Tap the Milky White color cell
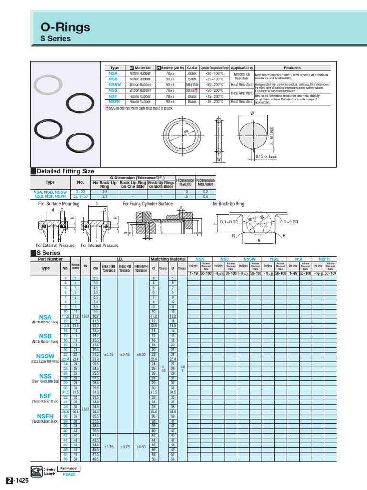click(x=192, y=85)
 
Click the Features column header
click(x=292, y=68)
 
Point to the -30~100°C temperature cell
click(x=215, y=74)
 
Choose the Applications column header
click(x=242, y=68)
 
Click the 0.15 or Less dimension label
click(x=265, y=156)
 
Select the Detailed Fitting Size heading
click(x=65, y=171)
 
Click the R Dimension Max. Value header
click(x=205, y=183)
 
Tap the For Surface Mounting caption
click(x=59, y=204)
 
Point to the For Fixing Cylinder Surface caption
click(x=147, y=204)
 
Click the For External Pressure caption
click(x=56, y=245)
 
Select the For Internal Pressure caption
click(x=99, y=245)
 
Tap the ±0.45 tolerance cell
click(x=125, y=354)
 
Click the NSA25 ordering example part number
click(x=69, y=475)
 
